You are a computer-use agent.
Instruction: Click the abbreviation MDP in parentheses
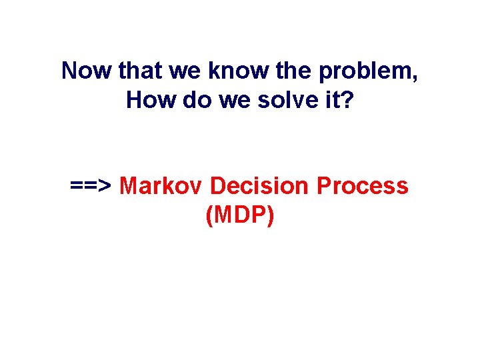pyautogui.click(x=240, y=216)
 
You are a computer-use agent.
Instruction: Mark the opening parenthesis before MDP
pyautogui.click(x=210, y=217)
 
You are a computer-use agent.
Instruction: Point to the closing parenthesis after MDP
pyautogui.click(x=270, y=217)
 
